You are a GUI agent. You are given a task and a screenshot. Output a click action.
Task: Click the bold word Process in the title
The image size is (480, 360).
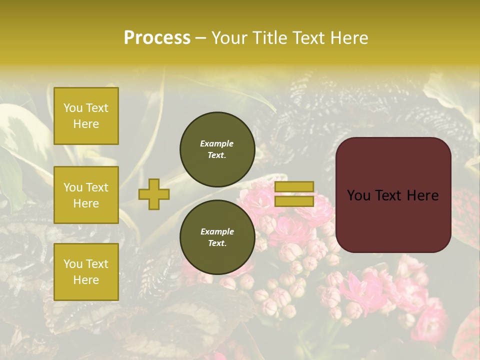(x=157, y=38)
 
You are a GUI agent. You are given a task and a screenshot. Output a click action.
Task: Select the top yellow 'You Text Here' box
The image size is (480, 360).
(x=86, y=116)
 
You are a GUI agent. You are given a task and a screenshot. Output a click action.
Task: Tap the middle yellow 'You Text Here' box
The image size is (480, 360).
(x=86, y=195)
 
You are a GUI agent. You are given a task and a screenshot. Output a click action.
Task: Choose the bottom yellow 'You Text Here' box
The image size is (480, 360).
(x=86, y=272)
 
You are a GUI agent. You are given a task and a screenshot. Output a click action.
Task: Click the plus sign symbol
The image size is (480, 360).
(x=154, y=194)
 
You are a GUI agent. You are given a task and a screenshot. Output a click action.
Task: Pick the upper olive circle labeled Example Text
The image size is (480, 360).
(x=217, y=149)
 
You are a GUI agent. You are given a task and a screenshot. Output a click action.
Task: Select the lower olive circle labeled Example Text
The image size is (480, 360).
(x=217, y=237)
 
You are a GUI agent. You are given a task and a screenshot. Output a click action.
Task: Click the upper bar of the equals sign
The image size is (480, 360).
(x=294, y=186)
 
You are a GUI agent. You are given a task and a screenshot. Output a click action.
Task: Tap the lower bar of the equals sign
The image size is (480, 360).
(x=294, y=201)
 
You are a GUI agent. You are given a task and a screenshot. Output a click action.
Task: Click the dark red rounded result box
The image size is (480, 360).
(x=393, y=195)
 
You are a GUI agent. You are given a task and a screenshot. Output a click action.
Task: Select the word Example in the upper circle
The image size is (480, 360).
(x=217, y=143)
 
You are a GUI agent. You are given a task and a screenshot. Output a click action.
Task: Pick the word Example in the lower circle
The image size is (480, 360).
(x=217, y=231)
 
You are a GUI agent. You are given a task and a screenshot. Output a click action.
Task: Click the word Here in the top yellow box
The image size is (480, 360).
(x=86, y=124)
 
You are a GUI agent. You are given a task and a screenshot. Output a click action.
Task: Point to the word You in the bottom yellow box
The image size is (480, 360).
(x=73, y=264)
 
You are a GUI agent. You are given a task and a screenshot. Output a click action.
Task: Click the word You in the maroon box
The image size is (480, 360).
(x=358, y=195)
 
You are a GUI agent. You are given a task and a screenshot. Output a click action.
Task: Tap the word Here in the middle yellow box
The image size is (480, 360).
(x=86, y=203)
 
